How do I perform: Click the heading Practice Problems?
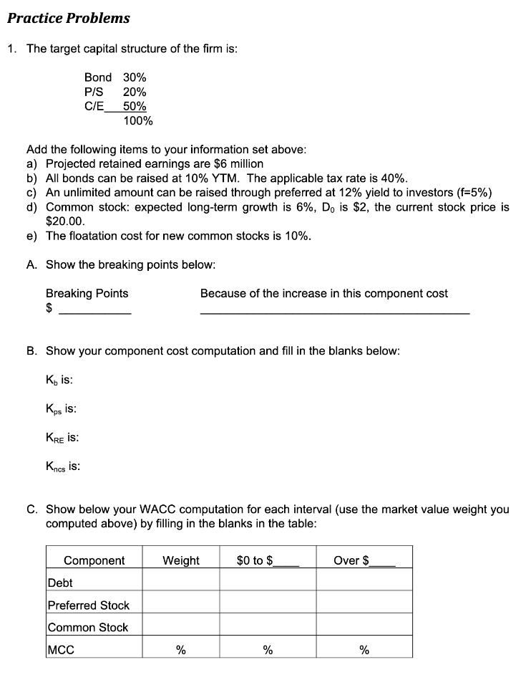(x=69, y=18)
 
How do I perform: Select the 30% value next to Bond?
(x=135, y=77)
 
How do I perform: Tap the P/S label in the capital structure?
(x=94, y=92)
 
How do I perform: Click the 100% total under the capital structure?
(x=137, y=120)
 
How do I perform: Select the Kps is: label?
(x=62, y=408)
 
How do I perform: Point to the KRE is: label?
(x=62, y=437)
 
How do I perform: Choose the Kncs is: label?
(x=63, y=466)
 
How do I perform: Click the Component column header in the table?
(x=94, y=560)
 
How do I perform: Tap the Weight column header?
(x=181, y=560)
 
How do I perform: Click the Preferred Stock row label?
(x=88, y=605)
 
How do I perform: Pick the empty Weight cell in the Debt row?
(x=181, y=583)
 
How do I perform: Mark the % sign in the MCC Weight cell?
(x=181, y=650)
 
